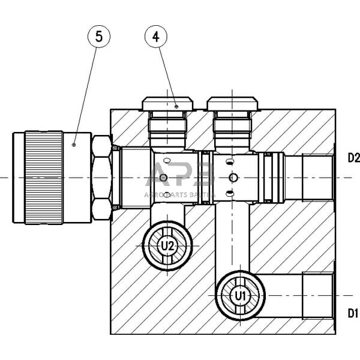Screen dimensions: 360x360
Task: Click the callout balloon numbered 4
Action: (x=156, y=37)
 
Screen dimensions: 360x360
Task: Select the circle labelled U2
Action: (x=167, y=245)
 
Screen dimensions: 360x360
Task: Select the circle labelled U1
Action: (x=241, y=295)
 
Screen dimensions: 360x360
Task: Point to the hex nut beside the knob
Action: (x=101, y=178)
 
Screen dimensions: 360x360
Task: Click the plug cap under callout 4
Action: (x=167, y=106)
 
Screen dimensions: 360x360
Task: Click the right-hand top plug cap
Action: (x=232, y=106)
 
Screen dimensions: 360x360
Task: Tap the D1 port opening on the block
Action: (x=318, y=296)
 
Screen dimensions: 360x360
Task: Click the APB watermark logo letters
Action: (x=180, y=178)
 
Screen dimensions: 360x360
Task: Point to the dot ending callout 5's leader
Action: (x=73, y=145)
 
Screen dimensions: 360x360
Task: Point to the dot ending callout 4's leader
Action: (x=176, y=107)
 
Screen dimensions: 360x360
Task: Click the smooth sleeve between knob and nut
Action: (x=77, y=178)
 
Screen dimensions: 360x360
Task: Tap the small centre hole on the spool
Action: (x=233, y=177)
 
